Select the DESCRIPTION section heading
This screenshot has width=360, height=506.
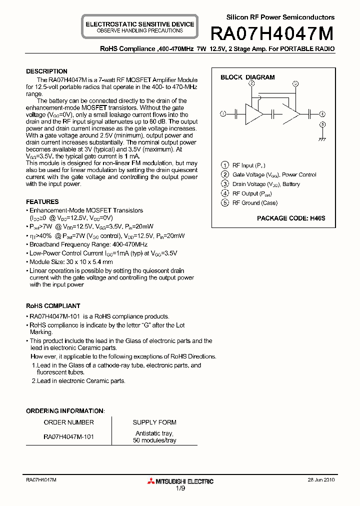point(46,71)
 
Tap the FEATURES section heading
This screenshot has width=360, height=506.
point(42,202)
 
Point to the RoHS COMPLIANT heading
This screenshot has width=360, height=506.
point(53,306)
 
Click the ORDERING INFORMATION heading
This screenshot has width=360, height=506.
point(65,411)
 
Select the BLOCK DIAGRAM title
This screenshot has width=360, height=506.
point(247,77)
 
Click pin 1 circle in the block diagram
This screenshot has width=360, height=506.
point(223,114)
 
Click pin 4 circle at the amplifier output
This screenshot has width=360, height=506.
point(322,114)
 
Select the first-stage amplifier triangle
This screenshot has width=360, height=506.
point(252,114)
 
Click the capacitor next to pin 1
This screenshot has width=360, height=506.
point(235,114)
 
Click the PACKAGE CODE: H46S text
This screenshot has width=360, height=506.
point(291,218)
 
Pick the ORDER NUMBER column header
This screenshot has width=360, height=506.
point(68,422)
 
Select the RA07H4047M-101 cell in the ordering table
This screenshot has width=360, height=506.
point(68,436)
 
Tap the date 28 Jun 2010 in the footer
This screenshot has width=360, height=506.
point(321,479)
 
